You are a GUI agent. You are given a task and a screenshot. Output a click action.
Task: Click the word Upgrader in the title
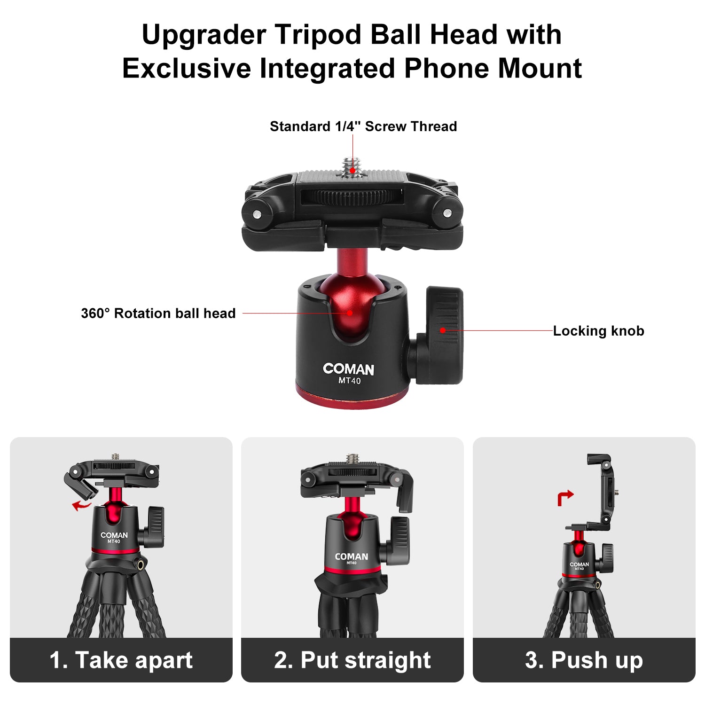tap(204, 35)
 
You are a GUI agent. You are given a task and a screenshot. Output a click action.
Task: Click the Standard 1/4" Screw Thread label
tap(363, 126)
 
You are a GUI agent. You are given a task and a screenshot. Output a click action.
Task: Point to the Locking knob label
tap(598, 331)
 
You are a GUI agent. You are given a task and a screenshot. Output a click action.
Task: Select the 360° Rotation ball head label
tap(158, 313)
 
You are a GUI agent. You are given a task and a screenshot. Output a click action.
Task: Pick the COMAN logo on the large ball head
tap(349, 369)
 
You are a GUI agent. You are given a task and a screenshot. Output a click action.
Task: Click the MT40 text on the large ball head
tap(350, 381)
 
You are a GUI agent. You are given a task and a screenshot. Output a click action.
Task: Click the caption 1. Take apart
tap(121, 660)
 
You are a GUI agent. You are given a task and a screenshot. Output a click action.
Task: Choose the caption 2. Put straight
tap(352, 660)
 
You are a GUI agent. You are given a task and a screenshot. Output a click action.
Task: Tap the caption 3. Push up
tap(584, 660)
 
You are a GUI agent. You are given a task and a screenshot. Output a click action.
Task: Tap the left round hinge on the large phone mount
tap(257, 214)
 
